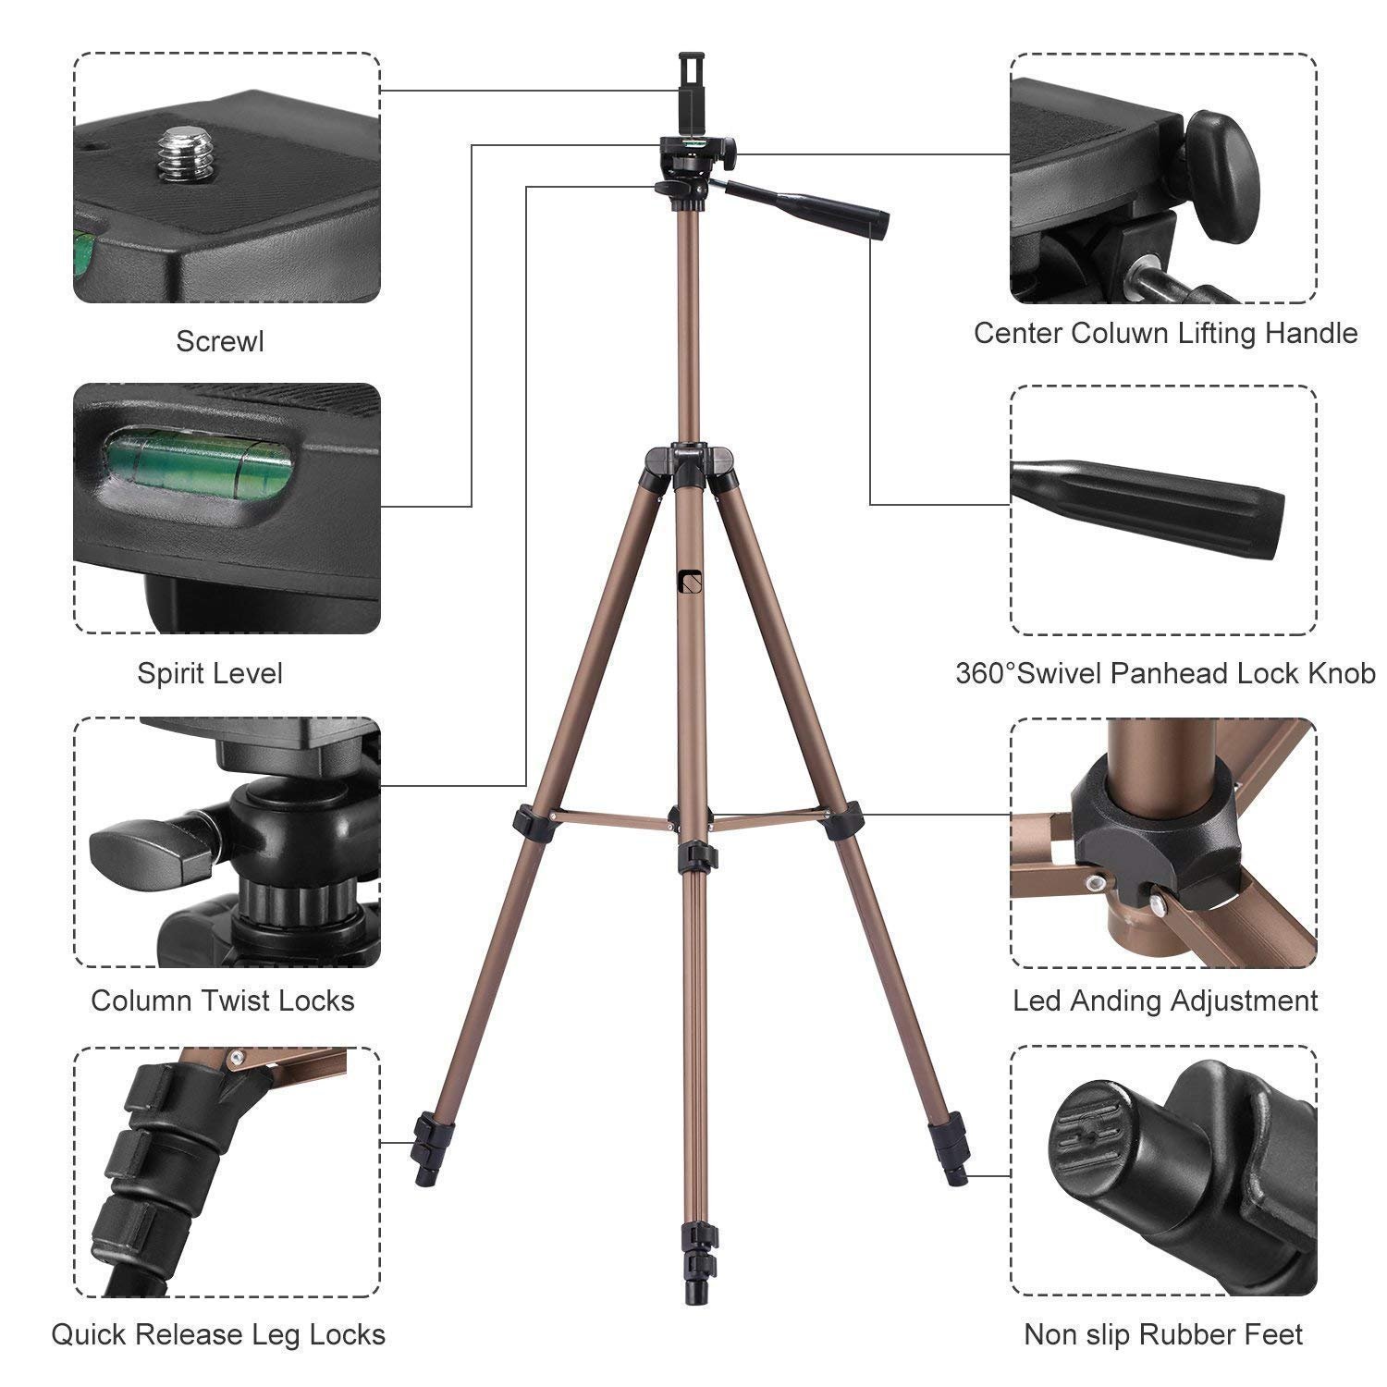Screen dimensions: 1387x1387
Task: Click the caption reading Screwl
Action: pos(220,341)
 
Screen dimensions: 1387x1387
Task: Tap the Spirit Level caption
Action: pos(210,673)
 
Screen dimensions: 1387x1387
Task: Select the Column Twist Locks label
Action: pos(223,1000)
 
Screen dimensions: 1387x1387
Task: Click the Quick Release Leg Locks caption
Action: pos(218,1334)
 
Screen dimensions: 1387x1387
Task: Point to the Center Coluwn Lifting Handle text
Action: pos(1165,333)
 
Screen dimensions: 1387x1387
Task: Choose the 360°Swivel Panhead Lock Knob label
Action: pos(1165,673)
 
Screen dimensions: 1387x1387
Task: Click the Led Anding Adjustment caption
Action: pos(1165,1000)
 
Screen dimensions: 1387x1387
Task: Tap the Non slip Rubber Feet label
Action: pos(1163,1334)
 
